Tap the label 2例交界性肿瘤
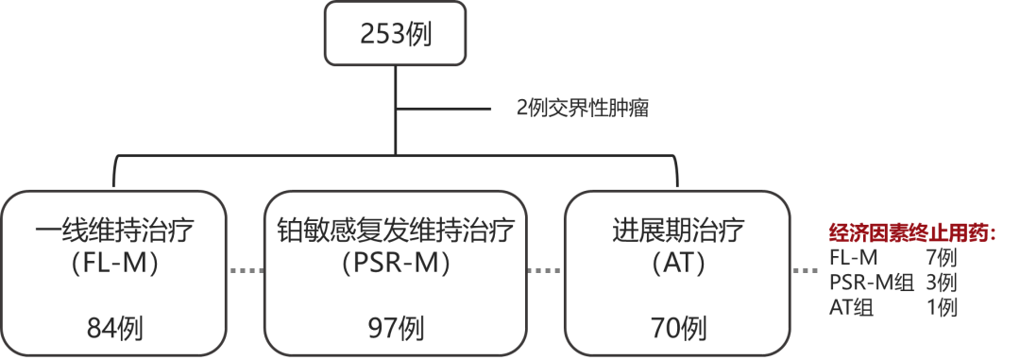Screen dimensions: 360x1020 click(x=582, y=108)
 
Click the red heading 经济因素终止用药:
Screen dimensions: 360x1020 click(x=911, y=232)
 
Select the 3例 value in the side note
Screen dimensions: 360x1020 click(x=943, y=282)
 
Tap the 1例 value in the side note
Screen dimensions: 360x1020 click(x=943, y=306)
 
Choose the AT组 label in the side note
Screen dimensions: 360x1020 click(x=850, y=306)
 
